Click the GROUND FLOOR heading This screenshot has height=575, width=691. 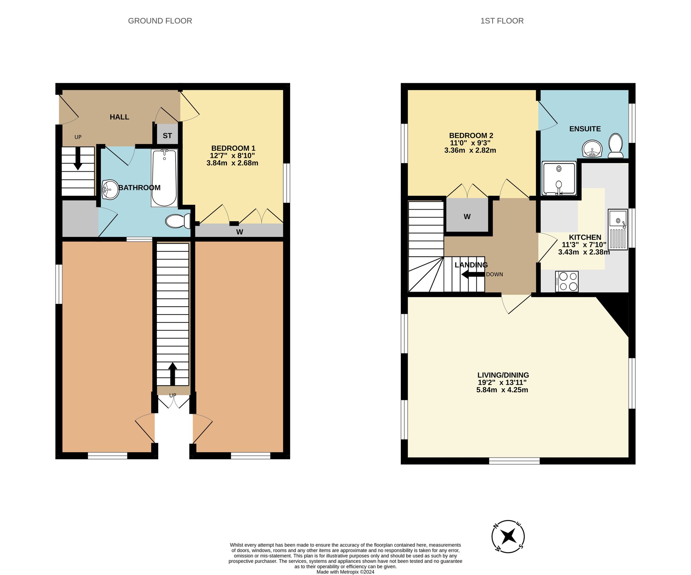[160, 21]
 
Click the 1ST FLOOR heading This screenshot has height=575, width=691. [502, 21]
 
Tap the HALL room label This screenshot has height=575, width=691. [120, 117]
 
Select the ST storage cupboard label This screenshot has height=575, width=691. [167, 136]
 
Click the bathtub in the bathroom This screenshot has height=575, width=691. [164, 178]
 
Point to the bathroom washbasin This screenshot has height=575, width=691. [110, 189]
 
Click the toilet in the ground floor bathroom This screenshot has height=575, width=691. [178, 221]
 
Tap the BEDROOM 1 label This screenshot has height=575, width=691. [233, 148]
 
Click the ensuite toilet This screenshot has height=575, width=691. [615, 146]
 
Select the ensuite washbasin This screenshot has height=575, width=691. [592, 149]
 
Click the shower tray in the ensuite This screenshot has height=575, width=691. [559, 178]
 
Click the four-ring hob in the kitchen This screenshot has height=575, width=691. [567, 281]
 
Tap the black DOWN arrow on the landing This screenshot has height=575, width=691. [473, 275]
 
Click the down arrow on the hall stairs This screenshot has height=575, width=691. [78, 159]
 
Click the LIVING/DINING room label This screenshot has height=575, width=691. [503, 375]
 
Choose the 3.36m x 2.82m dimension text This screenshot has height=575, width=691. [470, 150]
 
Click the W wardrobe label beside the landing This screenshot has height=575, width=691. [467, 217]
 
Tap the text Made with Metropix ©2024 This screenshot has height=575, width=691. [345, 572]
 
